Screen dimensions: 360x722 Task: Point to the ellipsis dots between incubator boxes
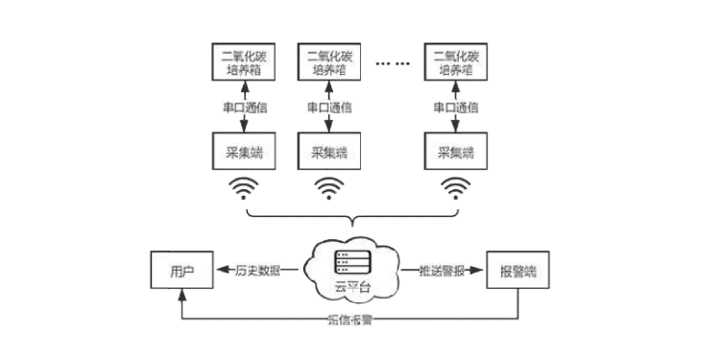tap(393, 63)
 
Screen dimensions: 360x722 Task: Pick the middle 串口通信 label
tap(330, 108)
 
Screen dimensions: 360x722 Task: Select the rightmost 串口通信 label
tap(456, 108)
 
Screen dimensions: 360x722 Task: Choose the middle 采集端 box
tap(330, 152)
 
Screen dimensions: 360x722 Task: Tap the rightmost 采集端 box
tap(456, 152)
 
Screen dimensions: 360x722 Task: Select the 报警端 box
tap(518, 271)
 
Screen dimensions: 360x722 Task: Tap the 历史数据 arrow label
tap(258, 271)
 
